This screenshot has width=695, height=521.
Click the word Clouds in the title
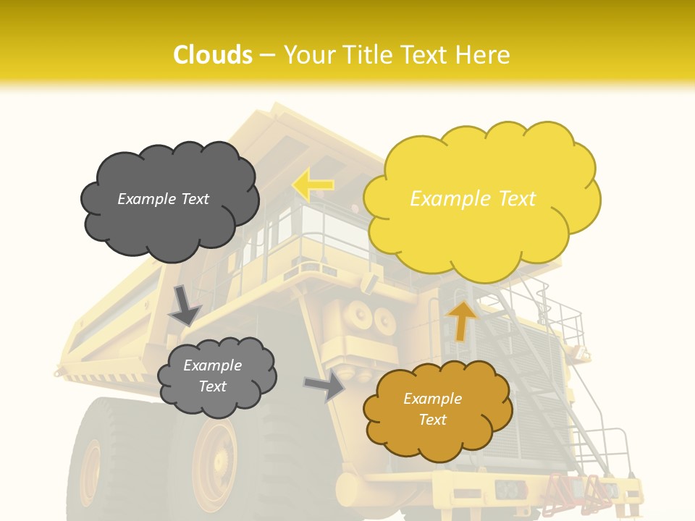point(213,55)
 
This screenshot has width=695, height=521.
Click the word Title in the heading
point(367,55)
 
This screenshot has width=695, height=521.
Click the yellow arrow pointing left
point(313,185)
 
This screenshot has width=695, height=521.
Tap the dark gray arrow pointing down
point(184,305)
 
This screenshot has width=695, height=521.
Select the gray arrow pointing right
point(325,386)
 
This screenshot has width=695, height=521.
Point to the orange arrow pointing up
point(462,321)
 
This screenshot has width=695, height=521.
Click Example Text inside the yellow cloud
point(473,199)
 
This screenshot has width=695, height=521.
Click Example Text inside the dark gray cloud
point(163,199)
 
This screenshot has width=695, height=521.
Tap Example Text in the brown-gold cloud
point(432,409)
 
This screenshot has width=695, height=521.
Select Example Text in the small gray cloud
point(212,376)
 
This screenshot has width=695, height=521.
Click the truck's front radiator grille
point(532,391)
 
